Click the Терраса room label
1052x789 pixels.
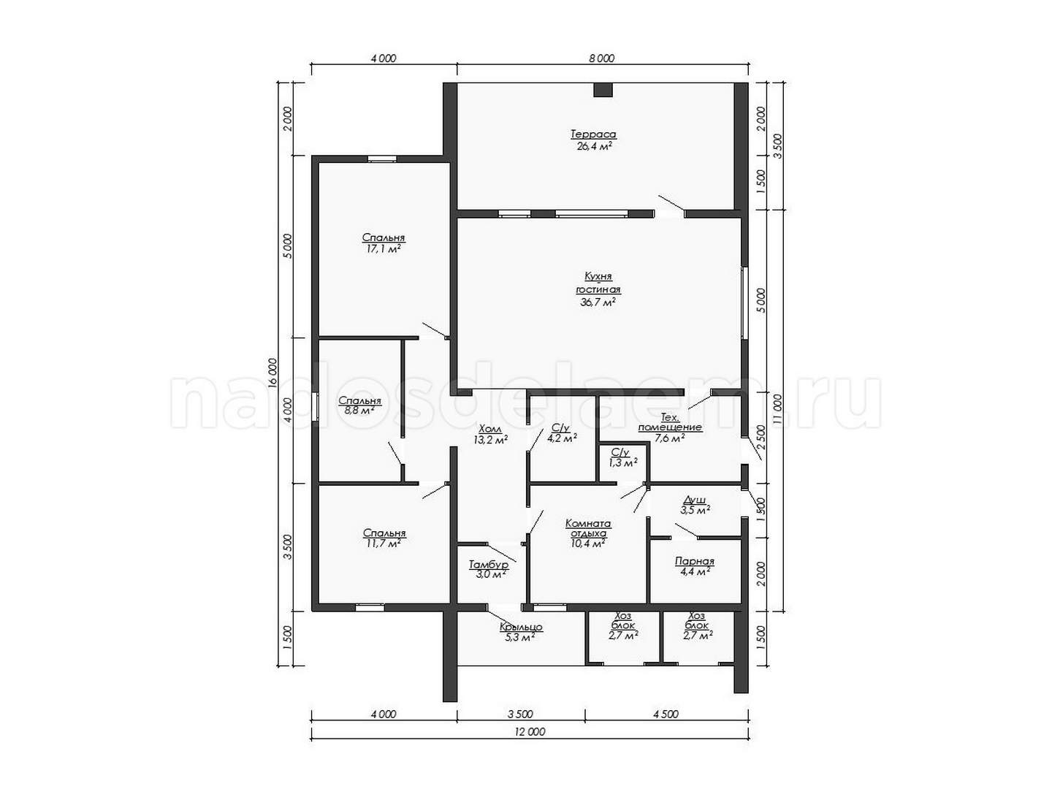[593, 134]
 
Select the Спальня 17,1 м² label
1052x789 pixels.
[384, 243]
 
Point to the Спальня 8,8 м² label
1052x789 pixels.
[360, 405]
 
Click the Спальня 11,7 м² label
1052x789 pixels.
[384, 538]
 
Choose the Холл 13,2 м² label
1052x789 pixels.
[490, 435]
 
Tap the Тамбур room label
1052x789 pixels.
[489, 565]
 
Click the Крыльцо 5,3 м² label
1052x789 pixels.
[521, 632]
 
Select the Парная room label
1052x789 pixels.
[695, 561]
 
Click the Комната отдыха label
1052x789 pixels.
[587, 528]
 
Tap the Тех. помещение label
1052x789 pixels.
[670, 422]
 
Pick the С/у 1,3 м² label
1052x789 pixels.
[622, 457]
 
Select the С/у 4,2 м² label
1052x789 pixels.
[562, 432]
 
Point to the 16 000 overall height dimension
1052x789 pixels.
[272, 373]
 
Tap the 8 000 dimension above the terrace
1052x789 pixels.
[601, 58]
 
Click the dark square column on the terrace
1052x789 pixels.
[603, 90]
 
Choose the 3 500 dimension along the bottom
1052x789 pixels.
[520, 714]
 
